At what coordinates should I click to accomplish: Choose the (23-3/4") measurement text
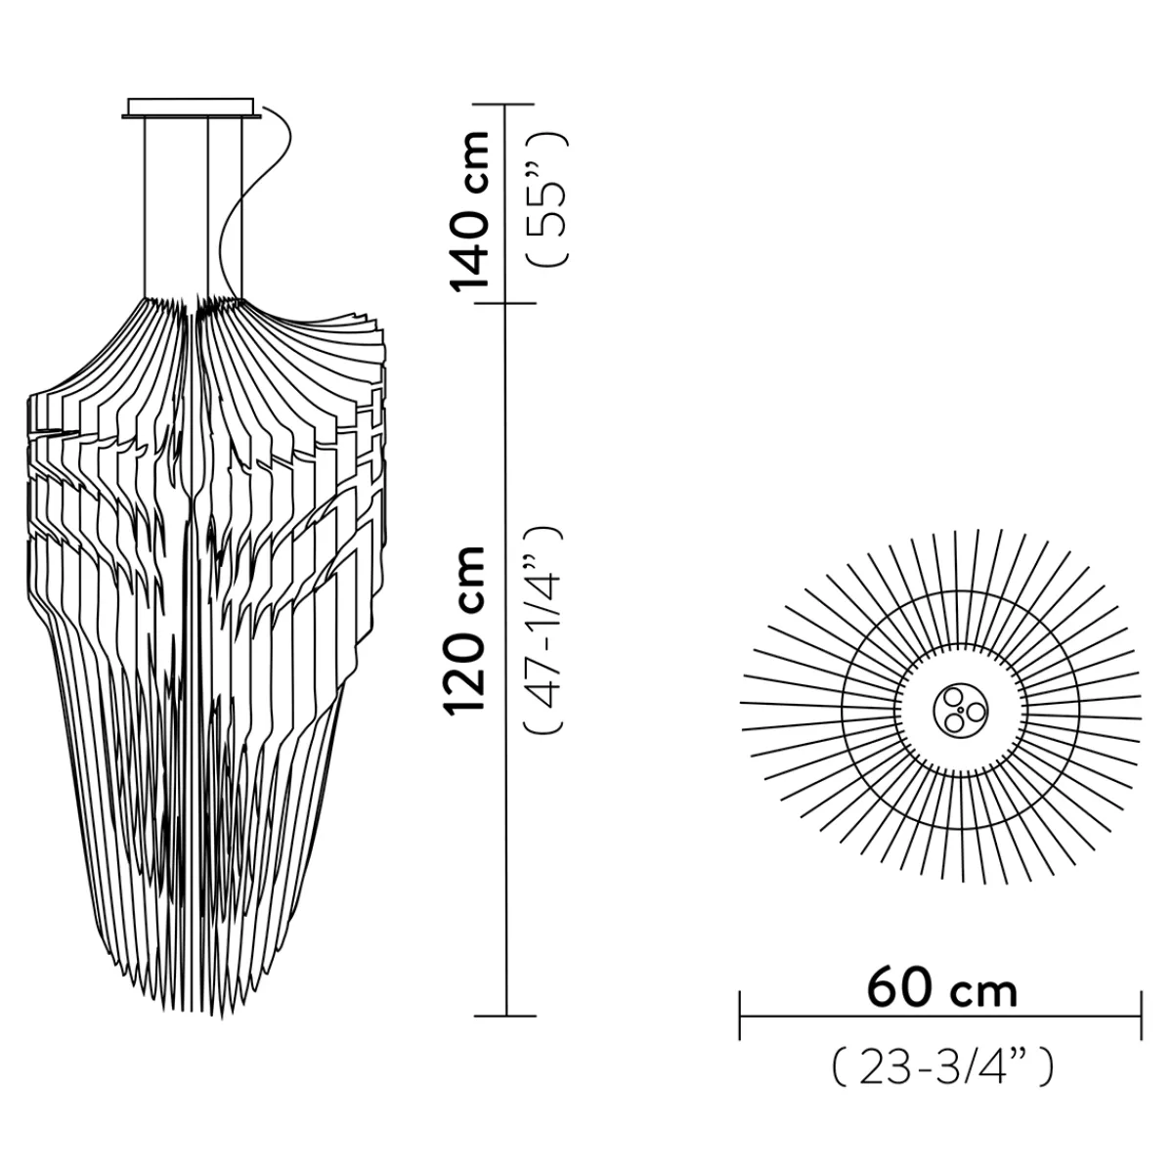click(x=941, y=1067)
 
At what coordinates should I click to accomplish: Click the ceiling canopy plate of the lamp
click(x=193, y=108)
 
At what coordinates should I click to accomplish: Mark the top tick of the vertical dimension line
click(x=504, y=105)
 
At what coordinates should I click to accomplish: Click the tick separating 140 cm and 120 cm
click(x=504, y=303)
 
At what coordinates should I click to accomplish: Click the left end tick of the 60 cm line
click(x=741, y=1016)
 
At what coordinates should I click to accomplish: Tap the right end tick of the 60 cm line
click(x=1141, y=1016)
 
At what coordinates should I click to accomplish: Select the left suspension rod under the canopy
click(x=146, y=205)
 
